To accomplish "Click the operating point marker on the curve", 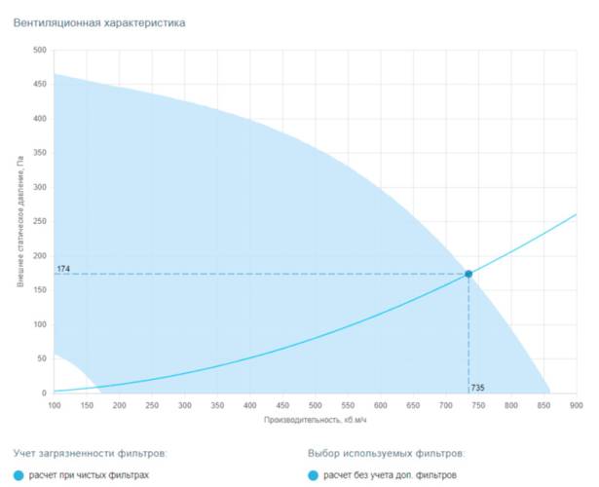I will tap(468, 274).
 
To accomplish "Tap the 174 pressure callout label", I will tap(63, 268).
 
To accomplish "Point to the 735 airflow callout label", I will tap(477, 388).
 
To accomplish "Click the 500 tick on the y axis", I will tap(40, 51).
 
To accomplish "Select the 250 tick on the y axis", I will tap(40, 222).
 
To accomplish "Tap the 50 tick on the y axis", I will tap(42, 359).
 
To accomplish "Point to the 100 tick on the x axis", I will tap(54, 404).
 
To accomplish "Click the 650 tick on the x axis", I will tap(412, 404).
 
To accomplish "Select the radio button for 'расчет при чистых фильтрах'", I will tap(19, 475).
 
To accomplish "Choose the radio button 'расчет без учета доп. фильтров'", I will tap(313, 475).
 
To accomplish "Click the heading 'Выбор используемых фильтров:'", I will tap(385, 453).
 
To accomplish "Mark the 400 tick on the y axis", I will tap(40, 119).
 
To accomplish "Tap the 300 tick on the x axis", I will tap(184, 404).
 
